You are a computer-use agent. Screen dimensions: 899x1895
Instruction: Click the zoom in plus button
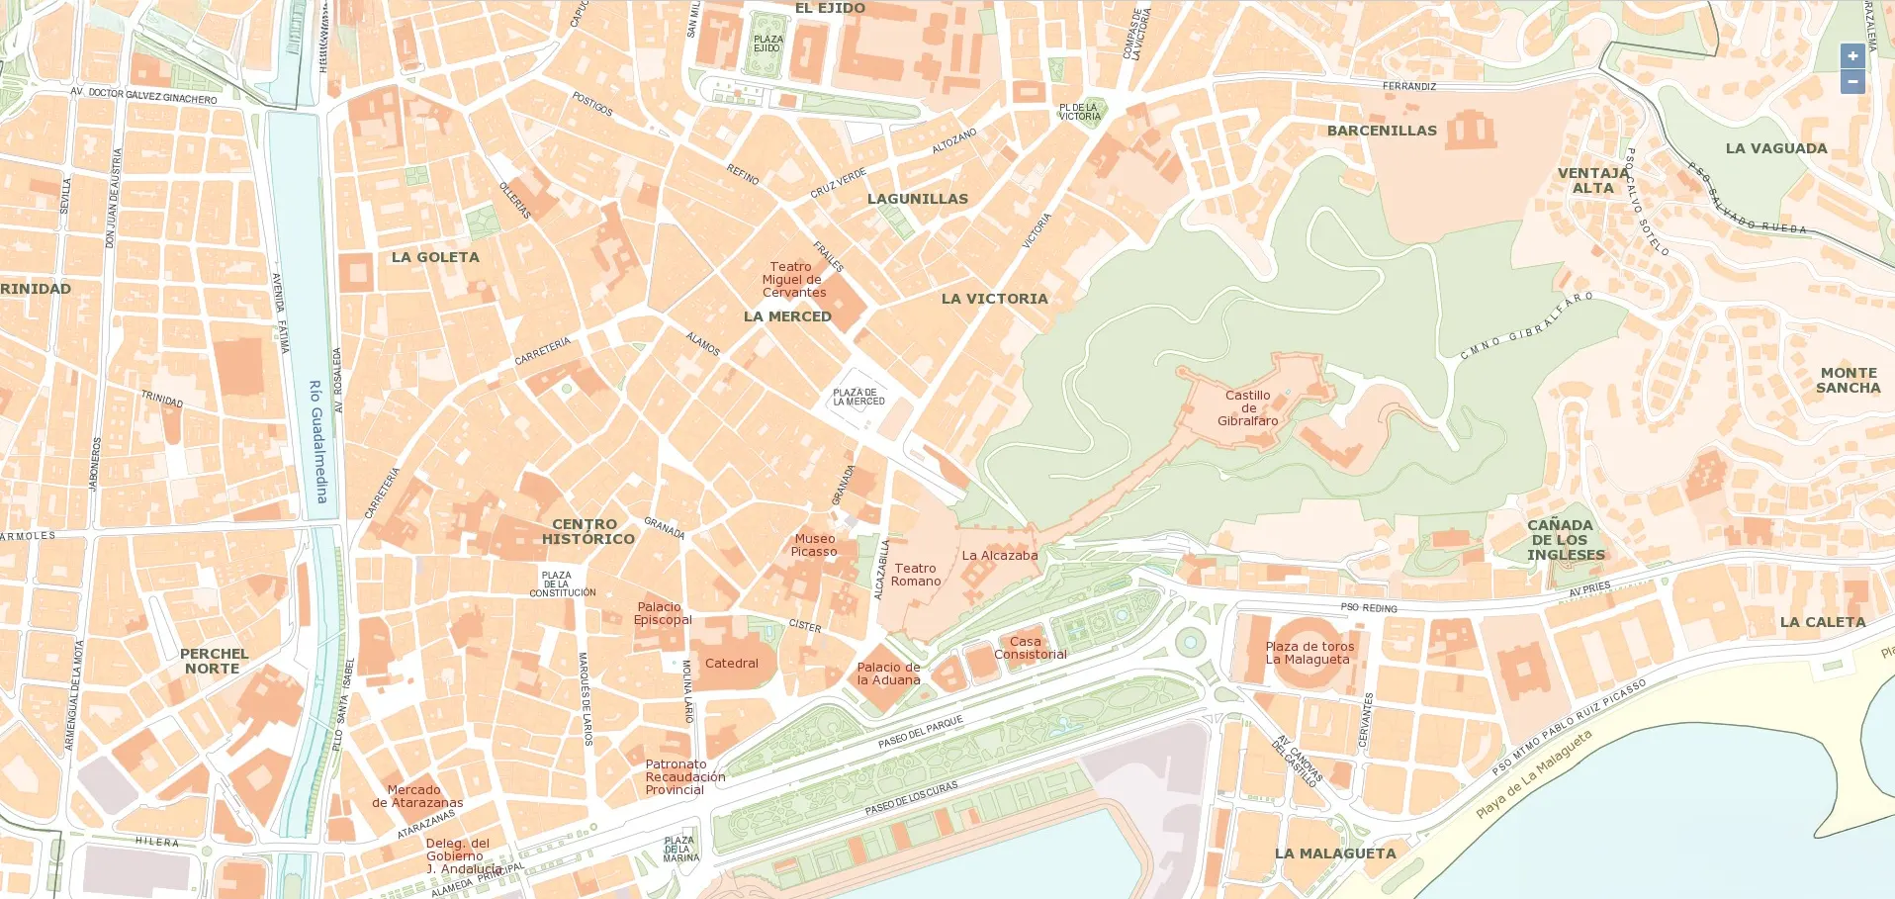click(x=1852, y=56)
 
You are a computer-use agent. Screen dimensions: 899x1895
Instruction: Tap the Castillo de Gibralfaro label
click(x=1247, y=407)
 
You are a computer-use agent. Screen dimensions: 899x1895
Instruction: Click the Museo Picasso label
click(x=814, y=545)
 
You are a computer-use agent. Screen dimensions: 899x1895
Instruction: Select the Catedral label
click(x=731, y=664)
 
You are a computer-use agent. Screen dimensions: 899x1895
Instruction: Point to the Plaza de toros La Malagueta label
click(x=1309, y=653)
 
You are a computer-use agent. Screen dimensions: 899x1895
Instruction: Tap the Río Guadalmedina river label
click(x=317, y=441)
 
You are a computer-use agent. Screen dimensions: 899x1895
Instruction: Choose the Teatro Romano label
click(x=916, y=575)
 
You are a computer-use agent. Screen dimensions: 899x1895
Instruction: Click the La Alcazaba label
click(x=1000, y=556)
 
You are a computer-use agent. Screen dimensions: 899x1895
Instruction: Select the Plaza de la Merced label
click(x=858, y=397)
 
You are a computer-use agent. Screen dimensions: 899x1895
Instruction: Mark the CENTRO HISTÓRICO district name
click(x=588, y=531)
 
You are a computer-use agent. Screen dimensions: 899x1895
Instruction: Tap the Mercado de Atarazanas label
click(x=417, y=796)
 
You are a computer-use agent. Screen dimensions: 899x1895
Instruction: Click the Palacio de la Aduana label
click(x=888, y=674)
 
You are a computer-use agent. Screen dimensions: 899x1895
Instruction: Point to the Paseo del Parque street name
click(x=920, y=733)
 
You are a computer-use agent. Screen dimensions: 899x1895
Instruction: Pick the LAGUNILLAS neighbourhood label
click(x=918, y=199)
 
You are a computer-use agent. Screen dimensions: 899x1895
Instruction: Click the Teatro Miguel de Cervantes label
click(x=792, y=280)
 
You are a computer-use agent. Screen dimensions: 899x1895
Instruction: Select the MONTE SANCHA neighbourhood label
click(x=1848, y=380)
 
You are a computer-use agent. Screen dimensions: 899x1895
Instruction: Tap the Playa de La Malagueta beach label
click(x=1533, y=774)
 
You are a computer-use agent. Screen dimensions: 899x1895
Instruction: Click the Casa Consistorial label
click(x=1030, y=648)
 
